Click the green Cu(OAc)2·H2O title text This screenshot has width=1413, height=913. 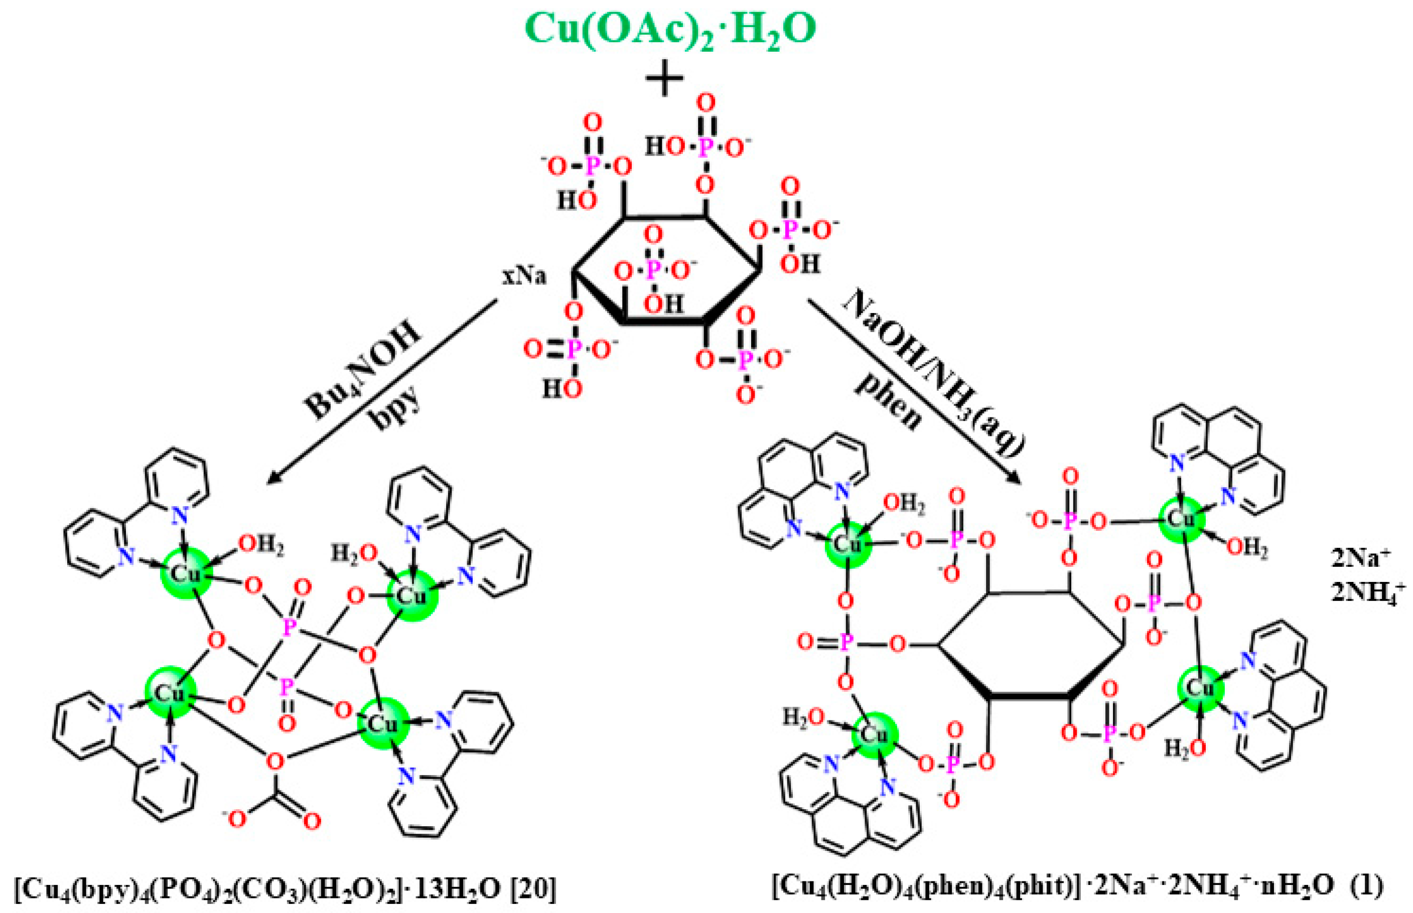(670, 29)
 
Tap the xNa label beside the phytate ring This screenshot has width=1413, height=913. (524, 276)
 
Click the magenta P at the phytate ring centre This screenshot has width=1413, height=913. (652, 270)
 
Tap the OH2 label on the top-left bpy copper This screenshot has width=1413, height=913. (260, 545)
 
